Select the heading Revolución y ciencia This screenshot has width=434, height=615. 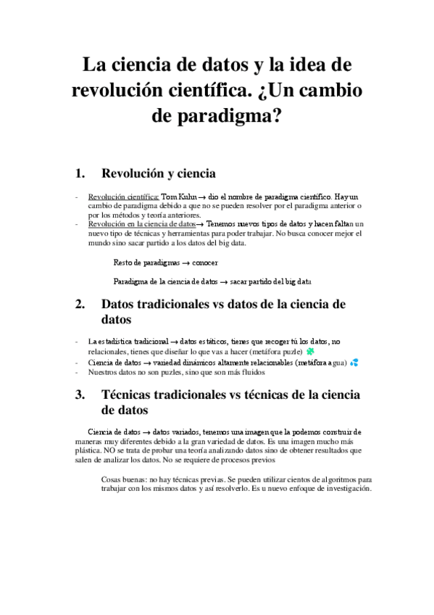click(159, 173)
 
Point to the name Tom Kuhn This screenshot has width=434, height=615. click(178, 196)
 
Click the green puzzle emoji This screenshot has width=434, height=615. click(310, 351)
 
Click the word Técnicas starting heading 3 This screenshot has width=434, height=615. click(132, 395)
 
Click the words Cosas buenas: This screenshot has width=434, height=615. click(124, 479)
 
